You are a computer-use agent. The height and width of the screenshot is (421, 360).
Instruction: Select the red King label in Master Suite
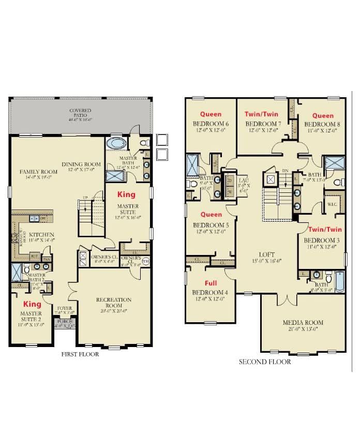click(x=126, y=195)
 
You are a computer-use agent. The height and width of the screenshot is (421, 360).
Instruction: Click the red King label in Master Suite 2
click(x=32, y=304)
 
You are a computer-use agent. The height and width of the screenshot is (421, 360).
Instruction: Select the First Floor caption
click(x=80, y=354)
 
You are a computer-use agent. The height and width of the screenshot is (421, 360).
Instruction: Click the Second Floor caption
click(x=265, y=362)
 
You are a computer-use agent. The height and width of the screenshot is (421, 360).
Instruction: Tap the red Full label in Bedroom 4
click(x=211, y=283)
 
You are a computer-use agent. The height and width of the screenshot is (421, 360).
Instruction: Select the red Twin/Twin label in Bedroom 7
click(x=262, y=114)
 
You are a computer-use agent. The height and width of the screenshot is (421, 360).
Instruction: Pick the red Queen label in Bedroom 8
click(x=323, y=115)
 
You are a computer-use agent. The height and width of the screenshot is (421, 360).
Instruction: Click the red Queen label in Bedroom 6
click(x=211, y=114)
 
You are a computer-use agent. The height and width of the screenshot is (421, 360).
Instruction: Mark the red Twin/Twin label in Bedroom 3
click(x=325, y=229)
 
